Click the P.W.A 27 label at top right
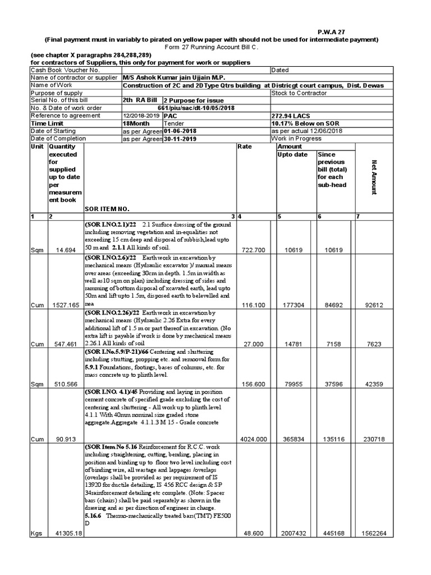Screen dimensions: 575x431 (x=330, y=32)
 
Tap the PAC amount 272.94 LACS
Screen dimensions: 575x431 (x=292, y=115)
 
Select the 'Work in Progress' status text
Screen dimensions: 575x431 (x=297, y=138)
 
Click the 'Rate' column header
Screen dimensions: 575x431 (x=244, y=147)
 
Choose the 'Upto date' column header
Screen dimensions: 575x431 (x=292, y=154)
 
